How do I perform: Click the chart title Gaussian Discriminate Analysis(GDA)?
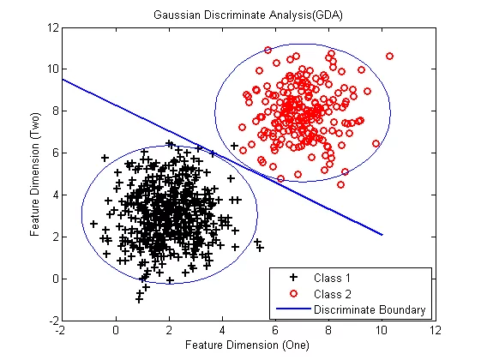pos(248,15)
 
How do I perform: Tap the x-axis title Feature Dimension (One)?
pos(247,345)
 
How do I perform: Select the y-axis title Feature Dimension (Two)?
pos(34,175)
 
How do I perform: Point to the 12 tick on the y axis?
pos(53,27)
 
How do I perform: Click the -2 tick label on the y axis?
pos(54,321)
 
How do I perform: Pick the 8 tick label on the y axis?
pos(56,111)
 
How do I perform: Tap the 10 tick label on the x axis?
pos(382,330)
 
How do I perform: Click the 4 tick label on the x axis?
pos(222,330)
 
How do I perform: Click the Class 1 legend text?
pos(332,278)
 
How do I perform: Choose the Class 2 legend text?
pos(333,294)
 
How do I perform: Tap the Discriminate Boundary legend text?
pos(370,309)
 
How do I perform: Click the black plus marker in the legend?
pos(293,277)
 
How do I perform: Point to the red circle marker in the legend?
pos(293,294)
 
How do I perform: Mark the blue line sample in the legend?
pos(293,309)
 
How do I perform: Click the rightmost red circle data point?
pos(389,56)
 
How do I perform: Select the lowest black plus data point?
pos(139,299)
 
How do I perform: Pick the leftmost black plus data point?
pos(93,224)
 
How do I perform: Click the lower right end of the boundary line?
pos(382,235)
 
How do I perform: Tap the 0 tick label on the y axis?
pos(56,279)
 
